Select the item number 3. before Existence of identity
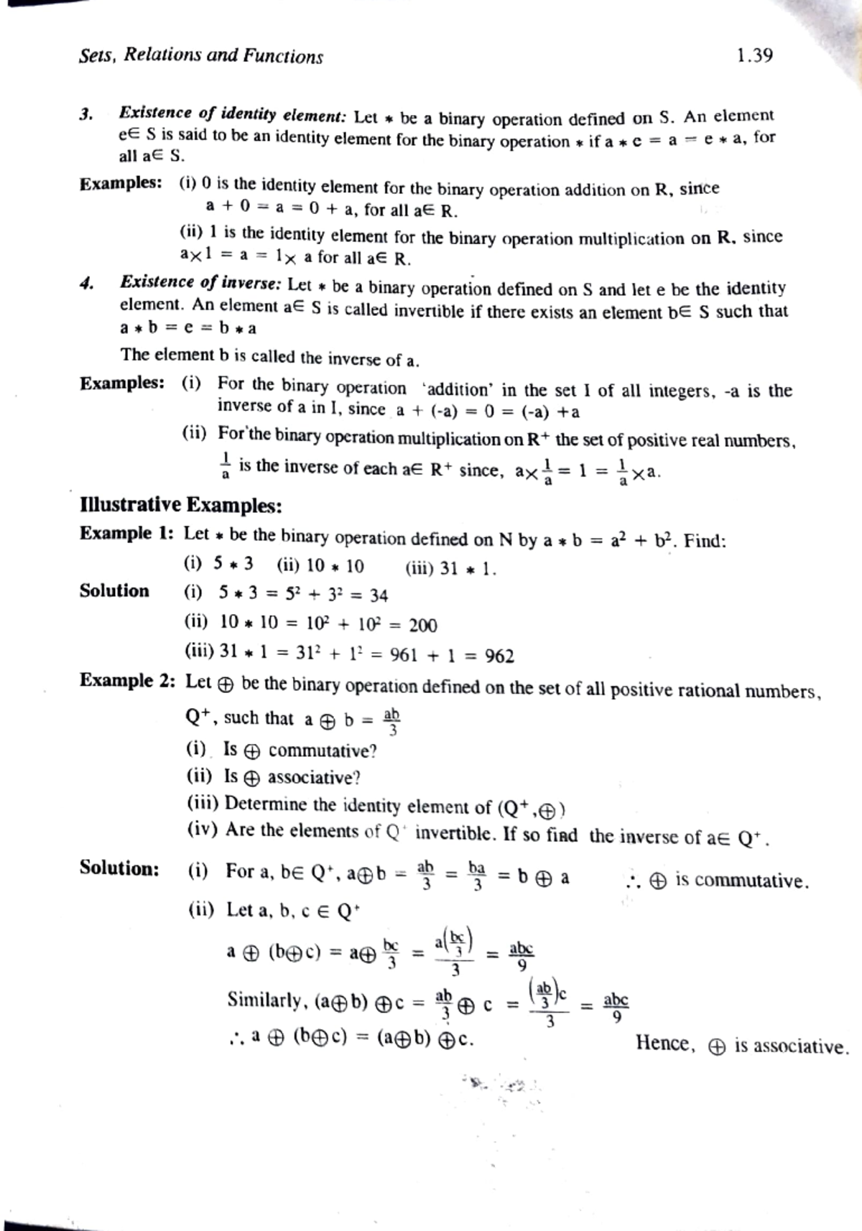click(x=86, y=114)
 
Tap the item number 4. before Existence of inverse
click(x=87, y=284)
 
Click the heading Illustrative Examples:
click(x=180, y=506)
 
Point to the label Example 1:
click(x=126, y=534)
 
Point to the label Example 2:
click(x=127, y=680)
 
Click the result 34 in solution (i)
click(x=379, y=595)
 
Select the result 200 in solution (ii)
click(x=422, y=626)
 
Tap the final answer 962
click(x=499, y=656)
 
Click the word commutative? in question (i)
click(x=323, y=751)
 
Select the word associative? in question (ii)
click(x=314, y=778)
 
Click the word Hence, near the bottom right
click(x=665, y=1044)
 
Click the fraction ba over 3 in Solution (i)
click(x=476, y=877)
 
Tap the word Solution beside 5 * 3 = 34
click(x=114, y=591)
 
